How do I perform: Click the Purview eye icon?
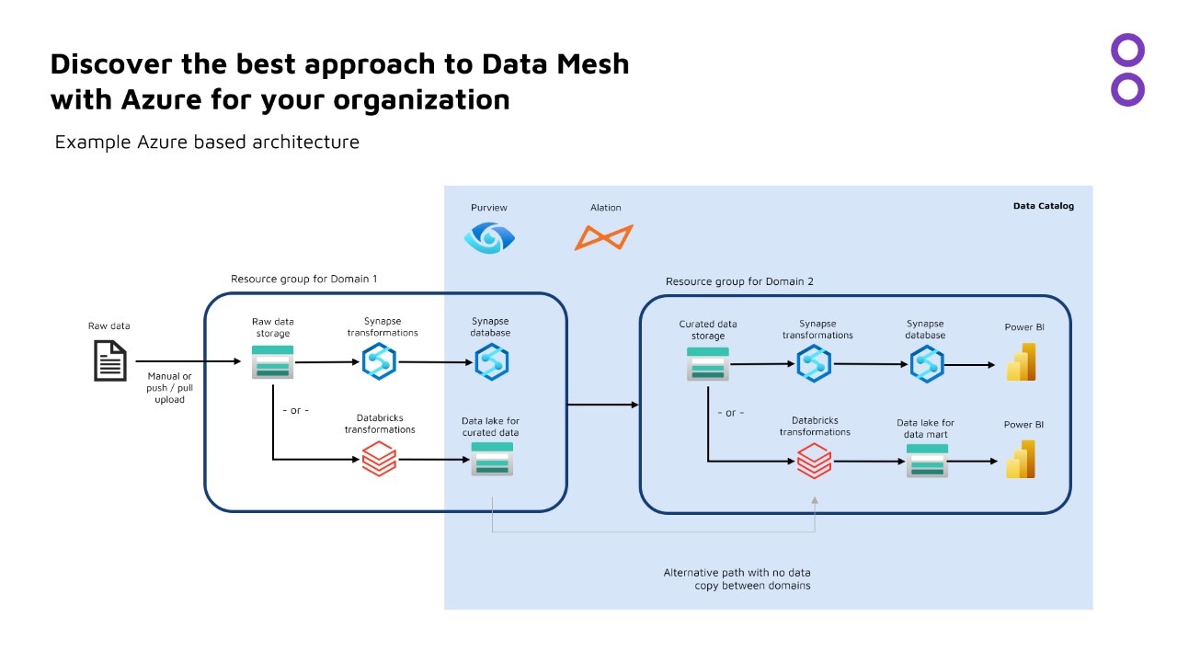point(489,237)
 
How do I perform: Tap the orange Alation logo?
point(603,237)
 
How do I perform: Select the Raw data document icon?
point(110,360)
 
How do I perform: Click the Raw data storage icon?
point(272,362)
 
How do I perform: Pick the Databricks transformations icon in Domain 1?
point(379,459)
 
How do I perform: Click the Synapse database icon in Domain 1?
point(491,362)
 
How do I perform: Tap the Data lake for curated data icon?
point(492,459)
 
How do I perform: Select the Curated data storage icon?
point(707,363)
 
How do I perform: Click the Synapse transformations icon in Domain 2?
point(814,363)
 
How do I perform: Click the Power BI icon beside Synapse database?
point(1021,362)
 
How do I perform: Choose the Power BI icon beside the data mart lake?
point(1021,459)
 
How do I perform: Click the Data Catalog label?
point(1043,207)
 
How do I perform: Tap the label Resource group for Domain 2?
point(739,281)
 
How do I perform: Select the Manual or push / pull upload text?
point(169,388)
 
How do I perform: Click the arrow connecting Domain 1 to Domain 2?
point(602,405)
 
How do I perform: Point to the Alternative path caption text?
point(737,579)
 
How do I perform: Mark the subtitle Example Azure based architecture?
point(207,143)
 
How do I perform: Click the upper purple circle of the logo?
point(1127,51)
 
